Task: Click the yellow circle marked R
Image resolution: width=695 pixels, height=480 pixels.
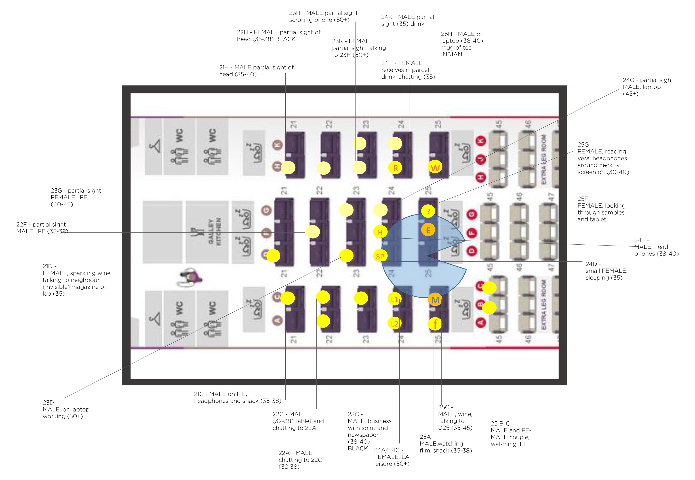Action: pyautogui.click(x=395, y=168)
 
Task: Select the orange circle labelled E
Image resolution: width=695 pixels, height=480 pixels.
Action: pyautogui.click(x=428, y=230)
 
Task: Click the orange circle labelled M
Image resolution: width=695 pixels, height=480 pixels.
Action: pyautogui.click(x=435, y=300)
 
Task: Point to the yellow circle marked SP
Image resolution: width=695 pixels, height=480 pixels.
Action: pyautogui.click(x=380, y=256)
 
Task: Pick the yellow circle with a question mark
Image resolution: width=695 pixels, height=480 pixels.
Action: pyautogui.click(x=428, y=211)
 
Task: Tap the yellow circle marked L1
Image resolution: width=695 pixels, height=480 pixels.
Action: pyautogui.click(x=394, y=299)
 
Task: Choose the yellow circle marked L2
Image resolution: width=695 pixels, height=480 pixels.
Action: pyautogui.click(x=394, y=323)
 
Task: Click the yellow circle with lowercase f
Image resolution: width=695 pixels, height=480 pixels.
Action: pyautogui.click(x=435, y=324)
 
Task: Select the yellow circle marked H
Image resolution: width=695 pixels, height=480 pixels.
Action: pyautogui.click(x=380, y=232)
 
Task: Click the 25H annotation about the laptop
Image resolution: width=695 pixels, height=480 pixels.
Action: pyautogui.click(x=462, y=44)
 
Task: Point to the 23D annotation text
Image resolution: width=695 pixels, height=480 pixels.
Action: pyautogui.click(x=66, y=409)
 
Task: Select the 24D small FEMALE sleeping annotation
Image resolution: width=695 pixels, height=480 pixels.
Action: pyautogui.click(x=606, y=271)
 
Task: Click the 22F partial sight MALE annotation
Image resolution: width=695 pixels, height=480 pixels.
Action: pyautogui.click(x=42, y=228)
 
